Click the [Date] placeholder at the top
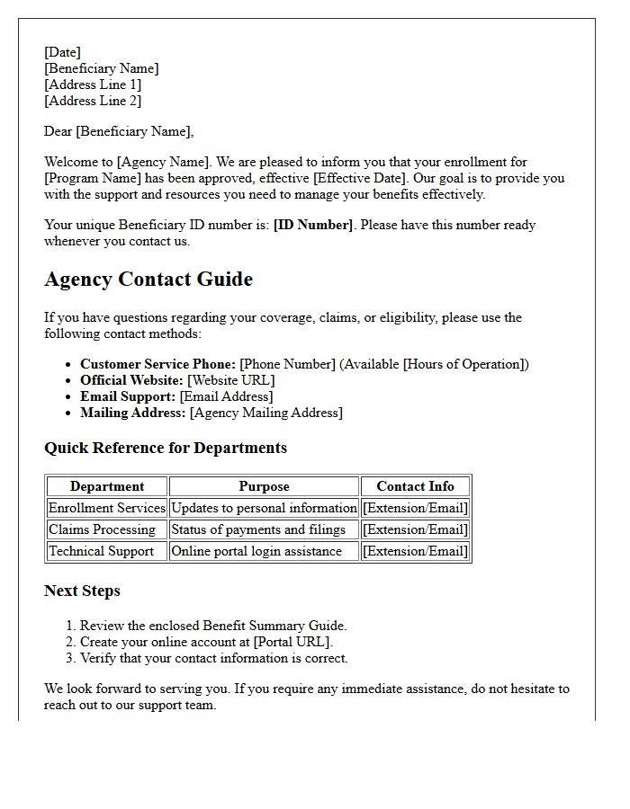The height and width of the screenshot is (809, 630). point(62,52)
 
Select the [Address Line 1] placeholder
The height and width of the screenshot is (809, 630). point(93,84)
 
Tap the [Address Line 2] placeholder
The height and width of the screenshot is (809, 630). point(93,101)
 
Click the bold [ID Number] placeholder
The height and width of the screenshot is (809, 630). point(312,225)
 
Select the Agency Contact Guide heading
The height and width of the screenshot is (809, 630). point(148,280)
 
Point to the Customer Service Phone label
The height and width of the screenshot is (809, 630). point(157,364)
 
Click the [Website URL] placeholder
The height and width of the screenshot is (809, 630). point(230,380)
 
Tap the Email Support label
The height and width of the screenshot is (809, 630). point(128,396)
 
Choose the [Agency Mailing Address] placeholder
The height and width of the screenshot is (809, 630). point(265,413)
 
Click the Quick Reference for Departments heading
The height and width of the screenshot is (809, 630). point(166,448)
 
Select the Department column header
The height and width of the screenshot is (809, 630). point(107,486)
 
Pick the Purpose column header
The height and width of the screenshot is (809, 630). point(264,486)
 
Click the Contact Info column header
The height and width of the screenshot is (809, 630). point(415,486)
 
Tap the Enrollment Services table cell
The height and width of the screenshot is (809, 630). point(107,508)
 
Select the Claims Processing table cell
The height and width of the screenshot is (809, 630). point(102,529)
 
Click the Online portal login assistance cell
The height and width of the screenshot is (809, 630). point(256,551)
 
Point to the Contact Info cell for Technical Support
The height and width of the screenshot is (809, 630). point(415,551)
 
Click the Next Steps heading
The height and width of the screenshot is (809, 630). point(82,591)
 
